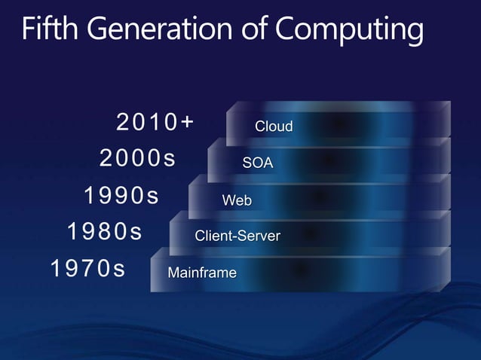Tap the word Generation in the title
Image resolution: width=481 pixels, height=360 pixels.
click(155, 29)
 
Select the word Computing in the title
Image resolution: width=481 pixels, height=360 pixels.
click(348, 31)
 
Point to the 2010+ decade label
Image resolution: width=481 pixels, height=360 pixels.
click(155, 121)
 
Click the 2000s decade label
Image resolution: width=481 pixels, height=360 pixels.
click(137, 159)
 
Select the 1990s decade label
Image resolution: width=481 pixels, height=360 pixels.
click(121, 196)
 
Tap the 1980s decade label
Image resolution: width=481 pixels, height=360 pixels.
click(104, 231)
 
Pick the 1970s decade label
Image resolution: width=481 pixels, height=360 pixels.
click(87, 268)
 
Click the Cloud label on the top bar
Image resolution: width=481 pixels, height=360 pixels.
click(274, 127)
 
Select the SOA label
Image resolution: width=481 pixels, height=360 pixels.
click(258, 163)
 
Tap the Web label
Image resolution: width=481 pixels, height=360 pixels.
click(237, 200)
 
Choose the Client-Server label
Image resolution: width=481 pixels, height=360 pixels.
click(237, 236)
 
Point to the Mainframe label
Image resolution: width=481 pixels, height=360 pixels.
click(202, 273)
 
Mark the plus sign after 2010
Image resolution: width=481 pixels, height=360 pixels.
click(186, 121)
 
